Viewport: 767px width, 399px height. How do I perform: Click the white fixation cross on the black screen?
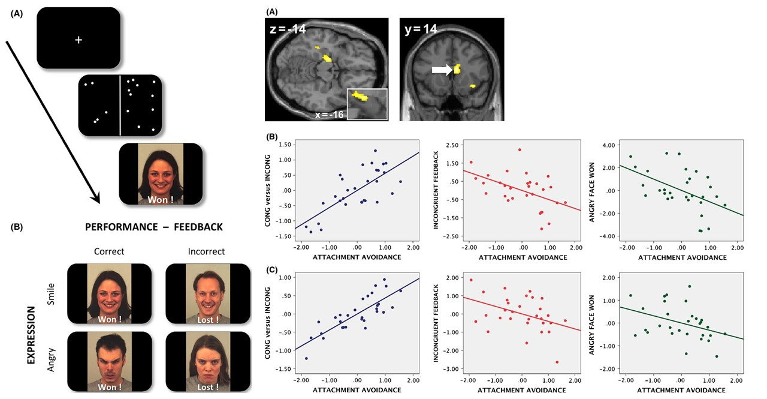pos(78,40)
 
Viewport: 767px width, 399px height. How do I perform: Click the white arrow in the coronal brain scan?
pos(440,70)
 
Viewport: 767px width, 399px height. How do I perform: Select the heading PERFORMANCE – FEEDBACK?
pos(154,227)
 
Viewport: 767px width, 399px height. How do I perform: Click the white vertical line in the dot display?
pos(120,105)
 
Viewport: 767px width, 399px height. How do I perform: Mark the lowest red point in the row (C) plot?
pos(557,362)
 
